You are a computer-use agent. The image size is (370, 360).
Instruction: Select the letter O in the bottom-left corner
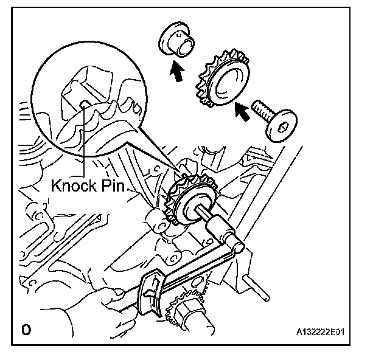pos(25,330)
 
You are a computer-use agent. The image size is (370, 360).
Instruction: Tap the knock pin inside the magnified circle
pos(83,105)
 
